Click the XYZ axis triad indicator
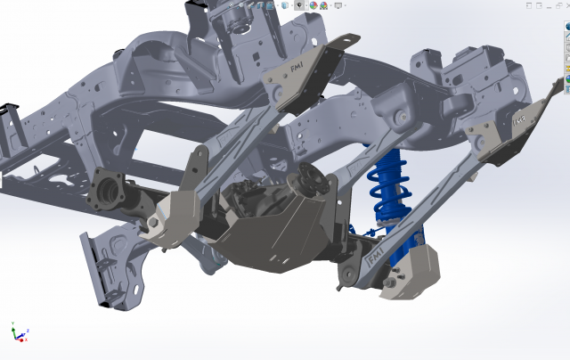click(17, 332)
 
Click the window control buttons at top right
click(544, 4)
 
